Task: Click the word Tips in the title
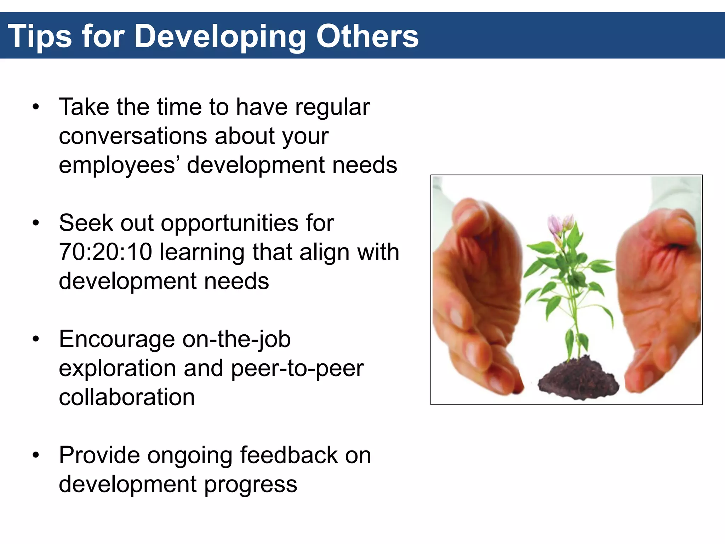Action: [40, 36]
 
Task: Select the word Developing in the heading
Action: [220, 36]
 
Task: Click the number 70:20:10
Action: [105, 252]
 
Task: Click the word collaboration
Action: [127, 397]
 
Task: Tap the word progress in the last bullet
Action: [251, 485]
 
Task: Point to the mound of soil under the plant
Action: [578, 381]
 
